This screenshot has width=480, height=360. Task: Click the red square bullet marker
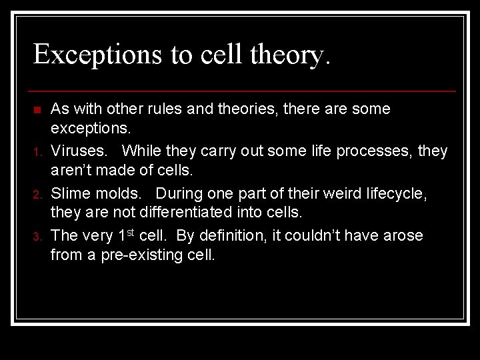pyautogui.click(x=37, y=109)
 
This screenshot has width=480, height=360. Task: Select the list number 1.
pyautogui.click(x=37, y=153)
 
